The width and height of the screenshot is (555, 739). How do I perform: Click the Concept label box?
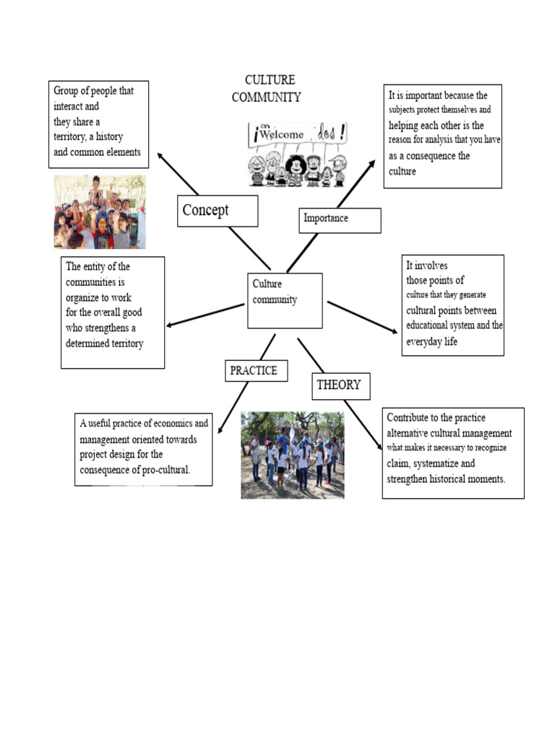tap(217, 211)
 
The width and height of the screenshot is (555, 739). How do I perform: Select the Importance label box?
tap(339, 219)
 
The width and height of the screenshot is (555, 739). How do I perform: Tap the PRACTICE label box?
tap(254, 371)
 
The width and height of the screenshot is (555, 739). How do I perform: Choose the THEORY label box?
tap(341, 385)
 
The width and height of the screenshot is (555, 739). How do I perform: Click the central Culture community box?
tap(284, 300)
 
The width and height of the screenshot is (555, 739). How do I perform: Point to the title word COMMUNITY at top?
tap(266, 97)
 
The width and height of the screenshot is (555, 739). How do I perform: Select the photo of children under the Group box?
tap(100, 212)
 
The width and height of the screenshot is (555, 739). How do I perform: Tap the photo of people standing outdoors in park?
tap(292, 455)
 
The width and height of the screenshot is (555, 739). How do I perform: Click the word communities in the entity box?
tap(95, 282)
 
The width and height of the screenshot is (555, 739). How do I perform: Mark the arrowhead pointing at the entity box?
tap(171, 325)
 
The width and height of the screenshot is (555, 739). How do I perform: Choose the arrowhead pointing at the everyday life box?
tap(393, 331)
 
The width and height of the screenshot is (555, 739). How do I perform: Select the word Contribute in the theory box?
tap(411, 418)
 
